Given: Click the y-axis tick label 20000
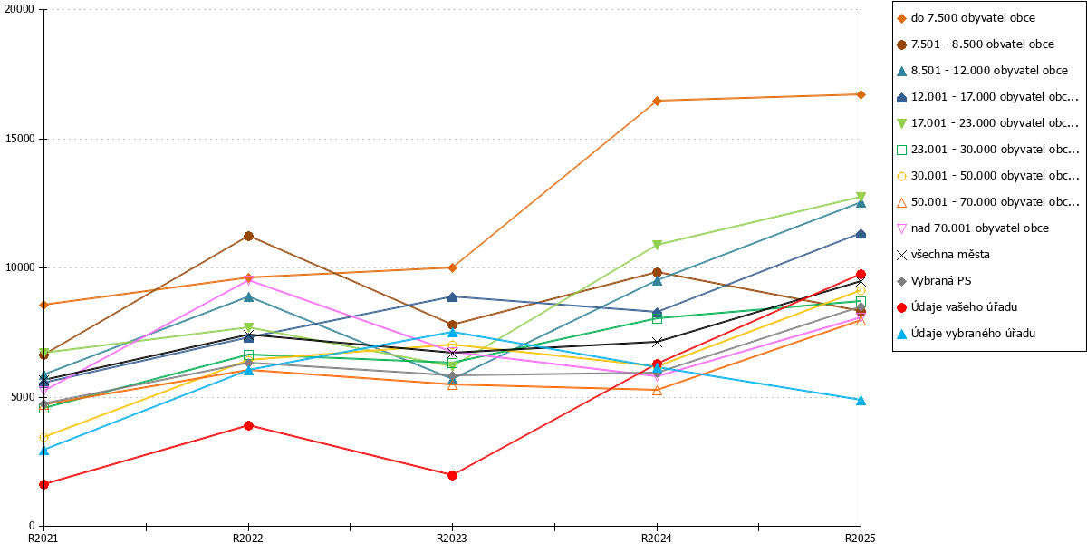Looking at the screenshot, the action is point(19,9).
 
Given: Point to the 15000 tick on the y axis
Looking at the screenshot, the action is point(19,139).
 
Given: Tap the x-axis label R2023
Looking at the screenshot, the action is point(452,538).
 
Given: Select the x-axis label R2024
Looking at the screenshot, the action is point(657,538).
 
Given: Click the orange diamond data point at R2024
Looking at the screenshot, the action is point(657,101).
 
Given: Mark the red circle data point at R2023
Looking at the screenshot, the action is point(452,475).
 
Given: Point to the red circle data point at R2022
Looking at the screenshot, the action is point(248,425).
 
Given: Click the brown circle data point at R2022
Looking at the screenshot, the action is point(248,237).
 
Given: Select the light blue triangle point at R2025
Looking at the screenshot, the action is point(861,401).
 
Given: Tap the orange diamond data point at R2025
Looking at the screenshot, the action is point(861,94).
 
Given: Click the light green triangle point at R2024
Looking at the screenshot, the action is point(657,245).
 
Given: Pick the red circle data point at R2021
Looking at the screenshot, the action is point(44,484).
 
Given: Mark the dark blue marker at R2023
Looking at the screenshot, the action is point(452,296).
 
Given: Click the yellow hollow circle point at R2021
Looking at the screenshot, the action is point(44,438).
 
